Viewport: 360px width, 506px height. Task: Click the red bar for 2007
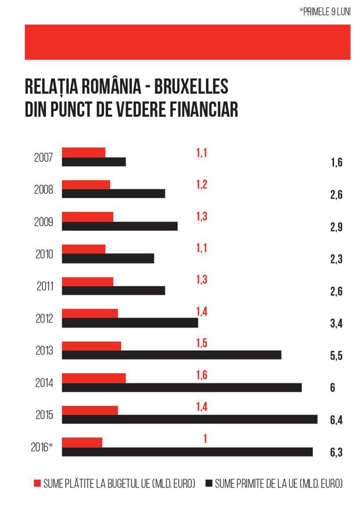click(84, 152)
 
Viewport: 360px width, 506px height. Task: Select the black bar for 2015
click(190, 419)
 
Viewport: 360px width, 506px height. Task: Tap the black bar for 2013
click(172, 355)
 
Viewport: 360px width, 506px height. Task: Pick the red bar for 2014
click(94, 378)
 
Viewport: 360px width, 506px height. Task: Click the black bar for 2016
click(187, 452)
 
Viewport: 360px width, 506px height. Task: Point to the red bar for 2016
click(82, 443)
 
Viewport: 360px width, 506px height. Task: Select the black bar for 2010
click(108, 258)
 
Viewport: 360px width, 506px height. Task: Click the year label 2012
click(44, 319)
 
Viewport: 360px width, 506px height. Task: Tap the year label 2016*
click(42, 447)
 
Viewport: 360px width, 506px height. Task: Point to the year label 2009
click(44, 222)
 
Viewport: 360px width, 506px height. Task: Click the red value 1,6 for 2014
click(202, 375)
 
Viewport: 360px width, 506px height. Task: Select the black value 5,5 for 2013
click(336, 355)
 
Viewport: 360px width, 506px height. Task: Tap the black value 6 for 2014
click(333, 387)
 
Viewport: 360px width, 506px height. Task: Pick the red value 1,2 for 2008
click(202, 184)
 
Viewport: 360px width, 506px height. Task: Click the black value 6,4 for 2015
click(336, 420)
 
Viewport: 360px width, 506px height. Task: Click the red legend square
click(37, 483)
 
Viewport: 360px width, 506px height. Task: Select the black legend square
click(209, 483)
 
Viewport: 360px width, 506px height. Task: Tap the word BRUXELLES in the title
click(191, 86)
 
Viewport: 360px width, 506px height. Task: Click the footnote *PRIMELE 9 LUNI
click(325, 12)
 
